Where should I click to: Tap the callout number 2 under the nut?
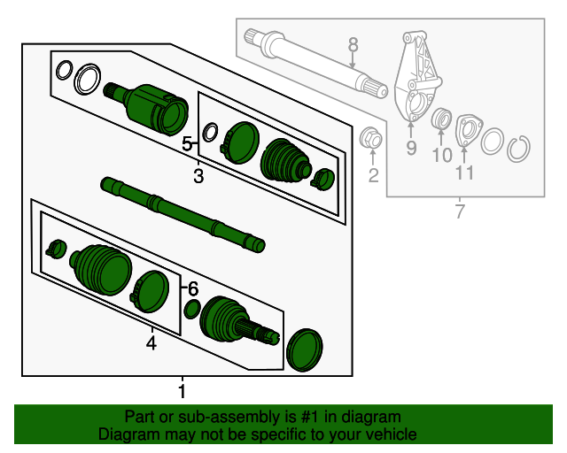point(373,175)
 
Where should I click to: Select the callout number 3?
point(198,177)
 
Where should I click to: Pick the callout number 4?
point(151,343)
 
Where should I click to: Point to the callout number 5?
point(187,143)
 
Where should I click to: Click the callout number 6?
point(193,288)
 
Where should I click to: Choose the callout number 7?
point(459,211)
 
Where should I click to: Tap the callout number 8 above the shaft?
point(352,44)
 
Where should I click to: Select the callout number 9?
point(411,148)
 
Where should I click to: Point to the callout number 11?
point(464,172)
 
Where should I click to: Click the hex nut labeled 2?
point(372,139)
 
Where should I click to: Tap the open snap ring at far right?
point(519,147)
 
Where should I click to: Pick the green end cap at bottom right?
point(305,349)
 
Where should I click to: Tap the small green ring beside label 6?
point(190,309)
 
